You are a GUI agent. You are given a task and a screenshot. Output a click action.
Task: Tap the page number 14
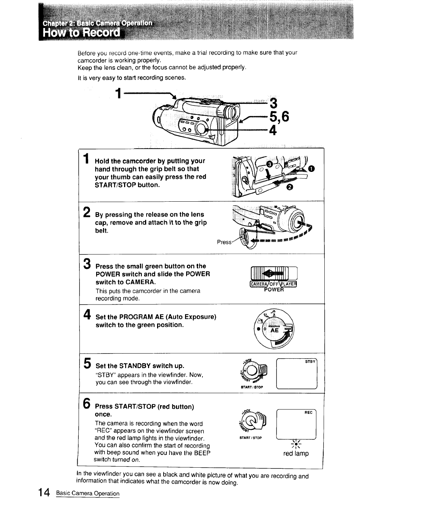tap(44, 492)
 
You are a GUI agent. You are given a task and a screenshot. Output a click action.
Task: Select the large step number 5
tap(87, 363)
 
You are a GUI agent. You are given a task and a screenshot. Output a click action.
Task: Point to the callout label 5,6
tap(279, 117)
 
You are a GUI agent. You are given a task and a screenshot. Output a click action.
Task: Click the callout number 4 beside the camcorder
tap(273, 129)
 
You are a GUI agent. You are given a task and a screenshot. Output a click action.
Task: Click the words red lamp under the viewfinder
tap(296, 453)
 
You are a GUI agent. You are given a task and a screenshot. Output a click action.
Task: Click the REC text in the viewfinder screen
tap(308, 412)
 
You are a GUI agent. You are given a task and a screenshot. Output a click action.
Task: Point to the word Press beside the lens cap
tap(224, 242)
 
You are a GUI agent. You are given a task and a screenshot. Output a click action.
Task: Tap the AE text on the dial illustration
tap(275, 330)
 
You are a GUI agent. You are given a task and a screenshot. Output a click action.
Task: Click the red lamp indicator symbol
tap(296, 444)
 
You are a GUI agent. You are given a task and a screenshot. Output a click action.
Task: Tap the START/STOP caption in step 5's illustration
tap(251, 387)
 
